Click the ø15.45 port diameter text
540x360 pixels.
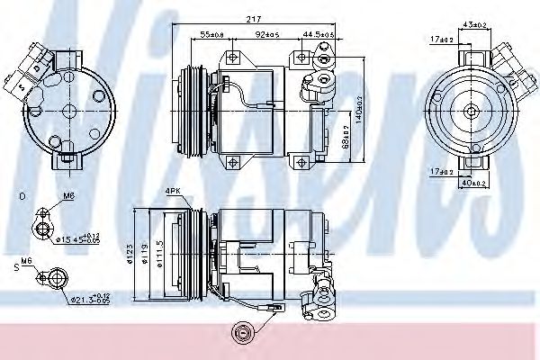[x=76, y=238]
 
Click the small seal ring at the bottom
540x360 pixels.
[x=241, y=334]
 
